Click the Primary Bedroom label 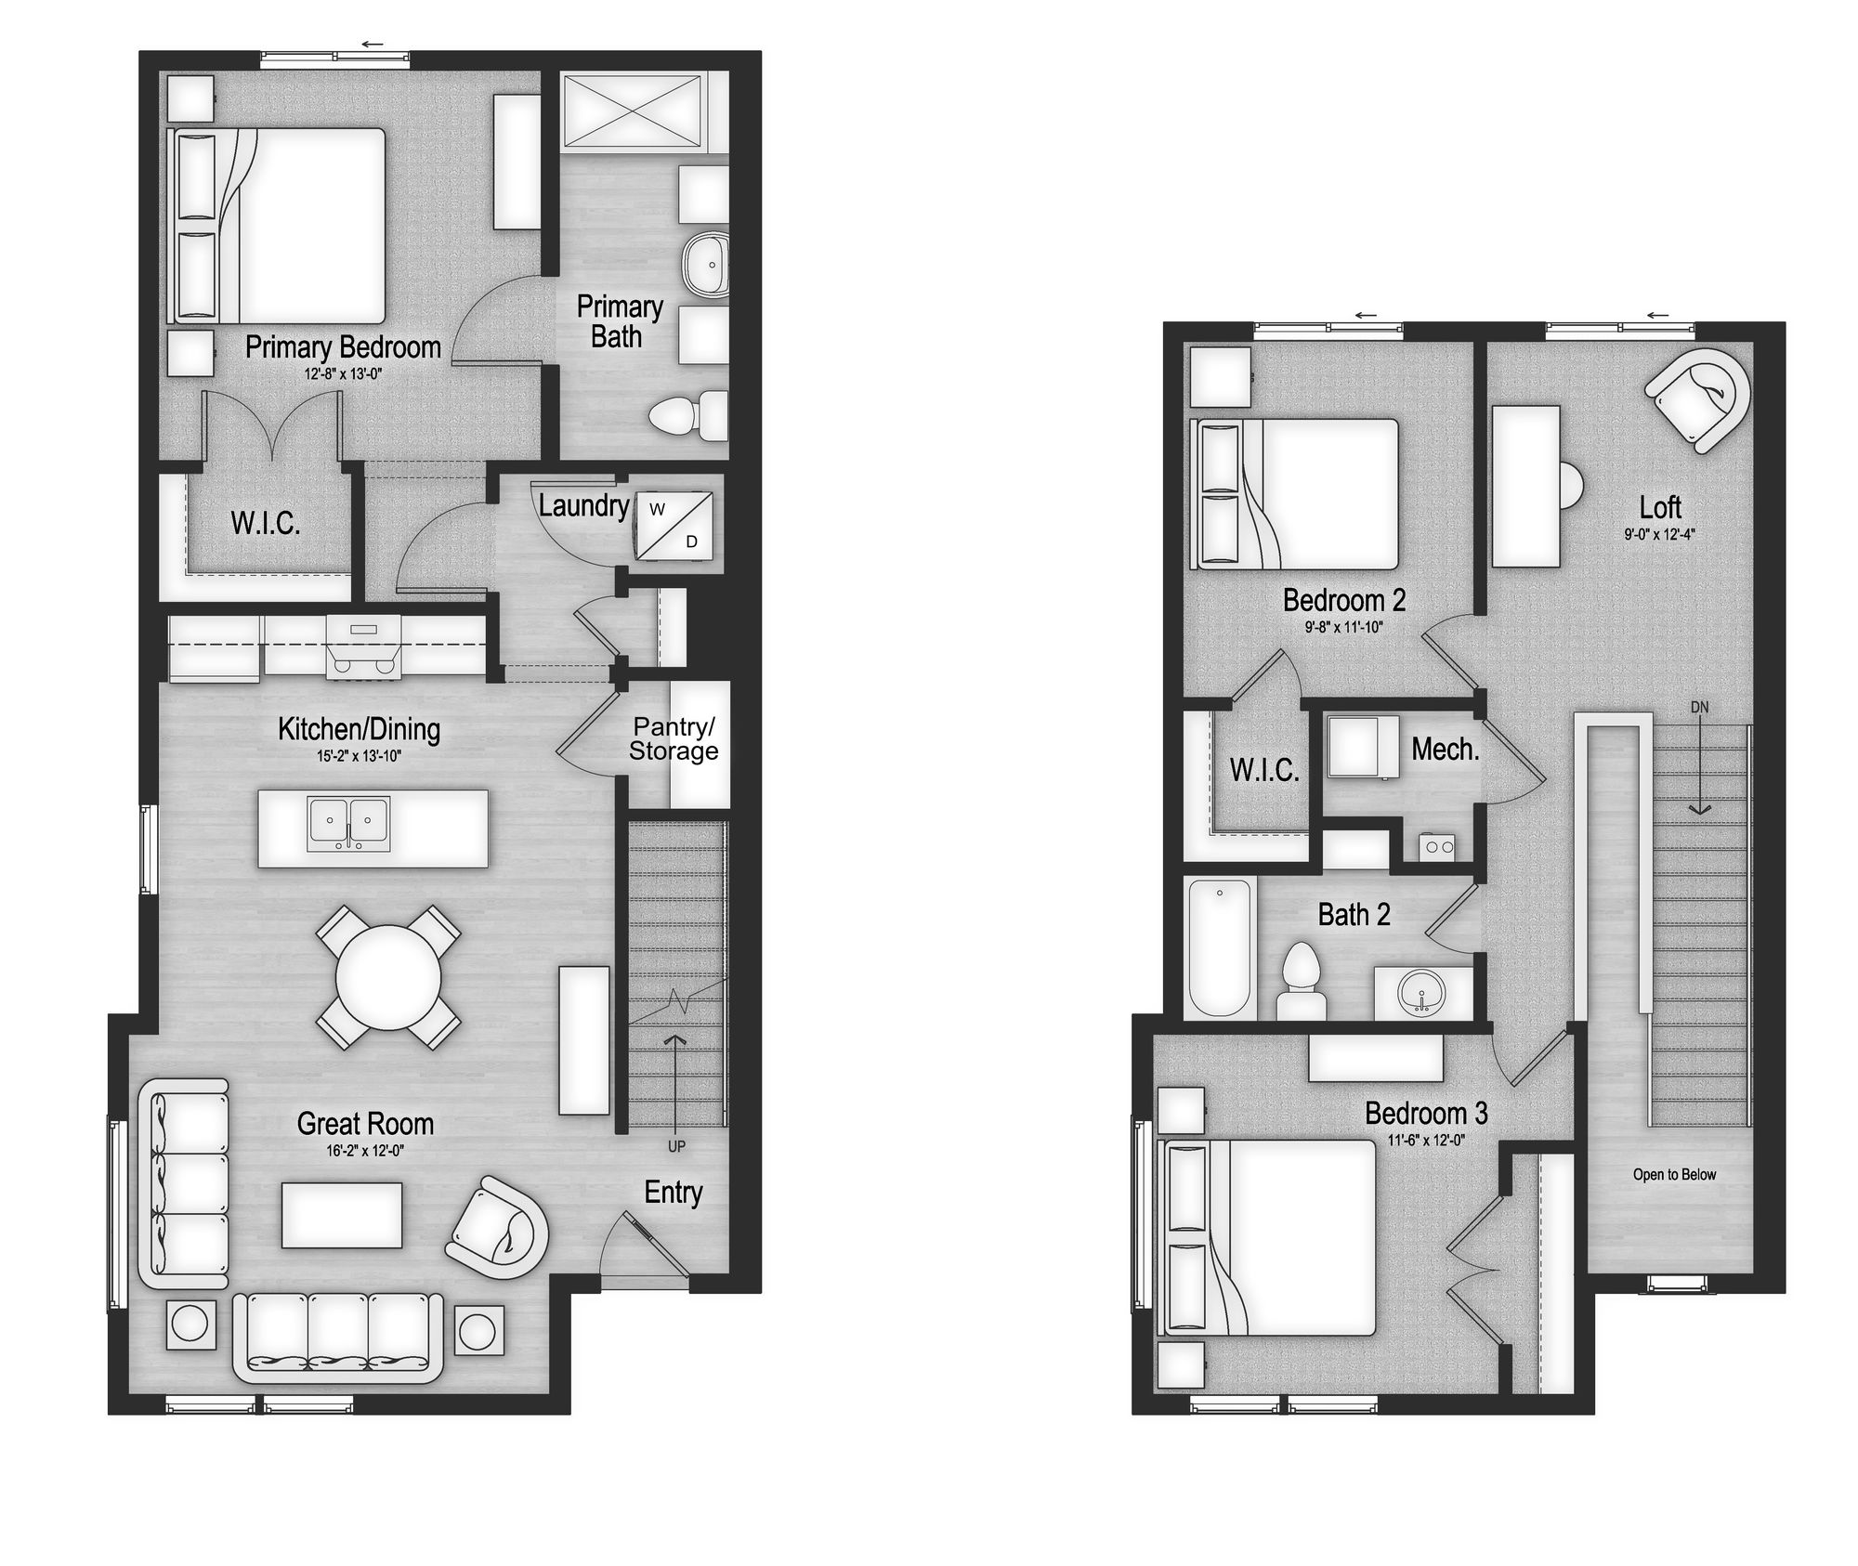coord(343,347)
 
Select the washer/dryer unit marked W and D coord(674,527)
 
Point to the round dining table coord(388,977)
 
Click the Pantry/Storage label coord(674,739)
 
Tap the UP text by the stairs coord(676,1146)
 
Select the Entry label coord(674,1193)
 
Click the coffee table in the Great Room coord(342,1215)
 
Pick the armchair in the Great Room coord(498,1228)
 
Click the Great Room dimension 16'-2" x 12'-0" coord(365,1151)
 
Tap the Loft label coord(1660,507)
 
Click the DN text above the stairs coord(1699,707)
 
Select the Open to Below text coord(1674,1174)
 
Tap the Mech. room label coord(1445,750)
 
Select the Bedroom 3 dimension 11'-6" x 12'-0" coord(1426,1141)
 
